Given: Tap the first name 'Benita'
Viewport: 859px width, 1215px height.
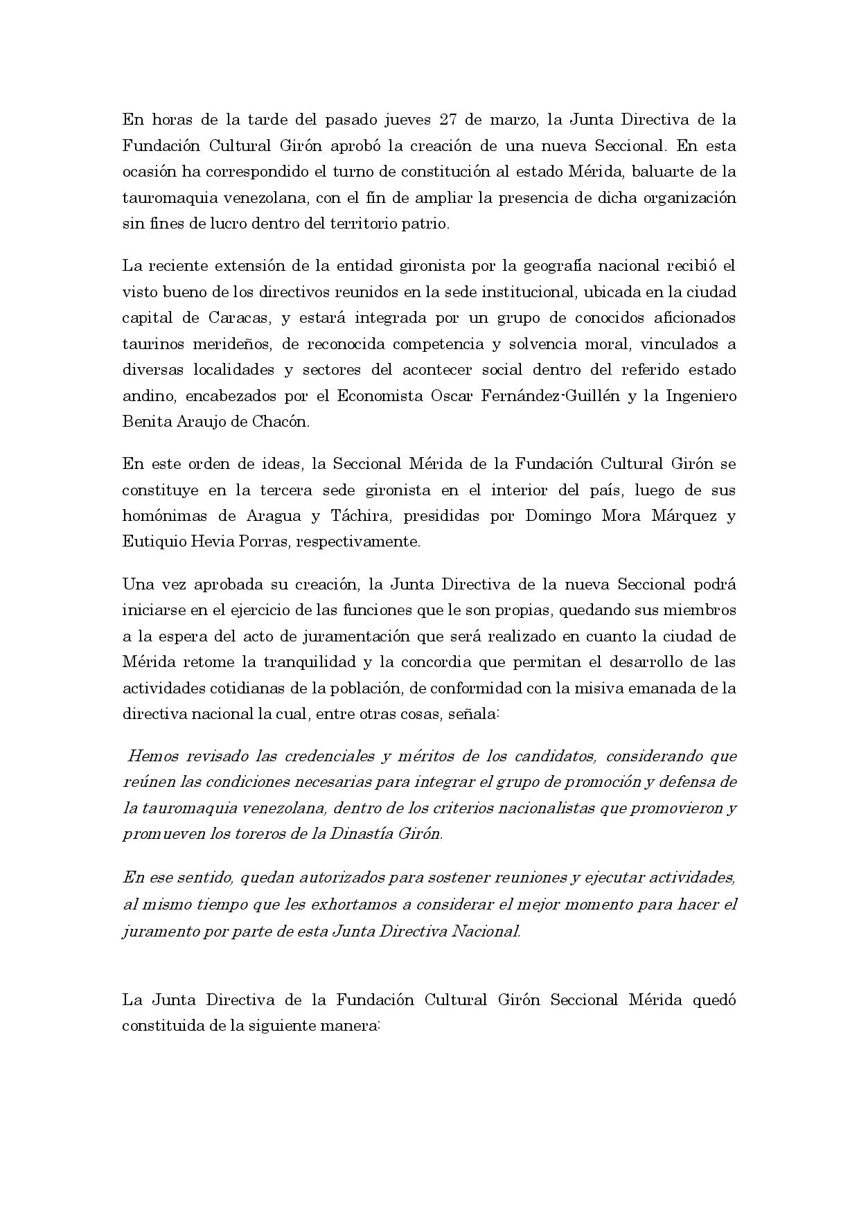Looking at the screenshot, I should (146, 423).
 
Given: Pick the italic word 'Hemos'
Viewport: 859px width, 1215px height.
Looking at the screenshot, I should (152, 756).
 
